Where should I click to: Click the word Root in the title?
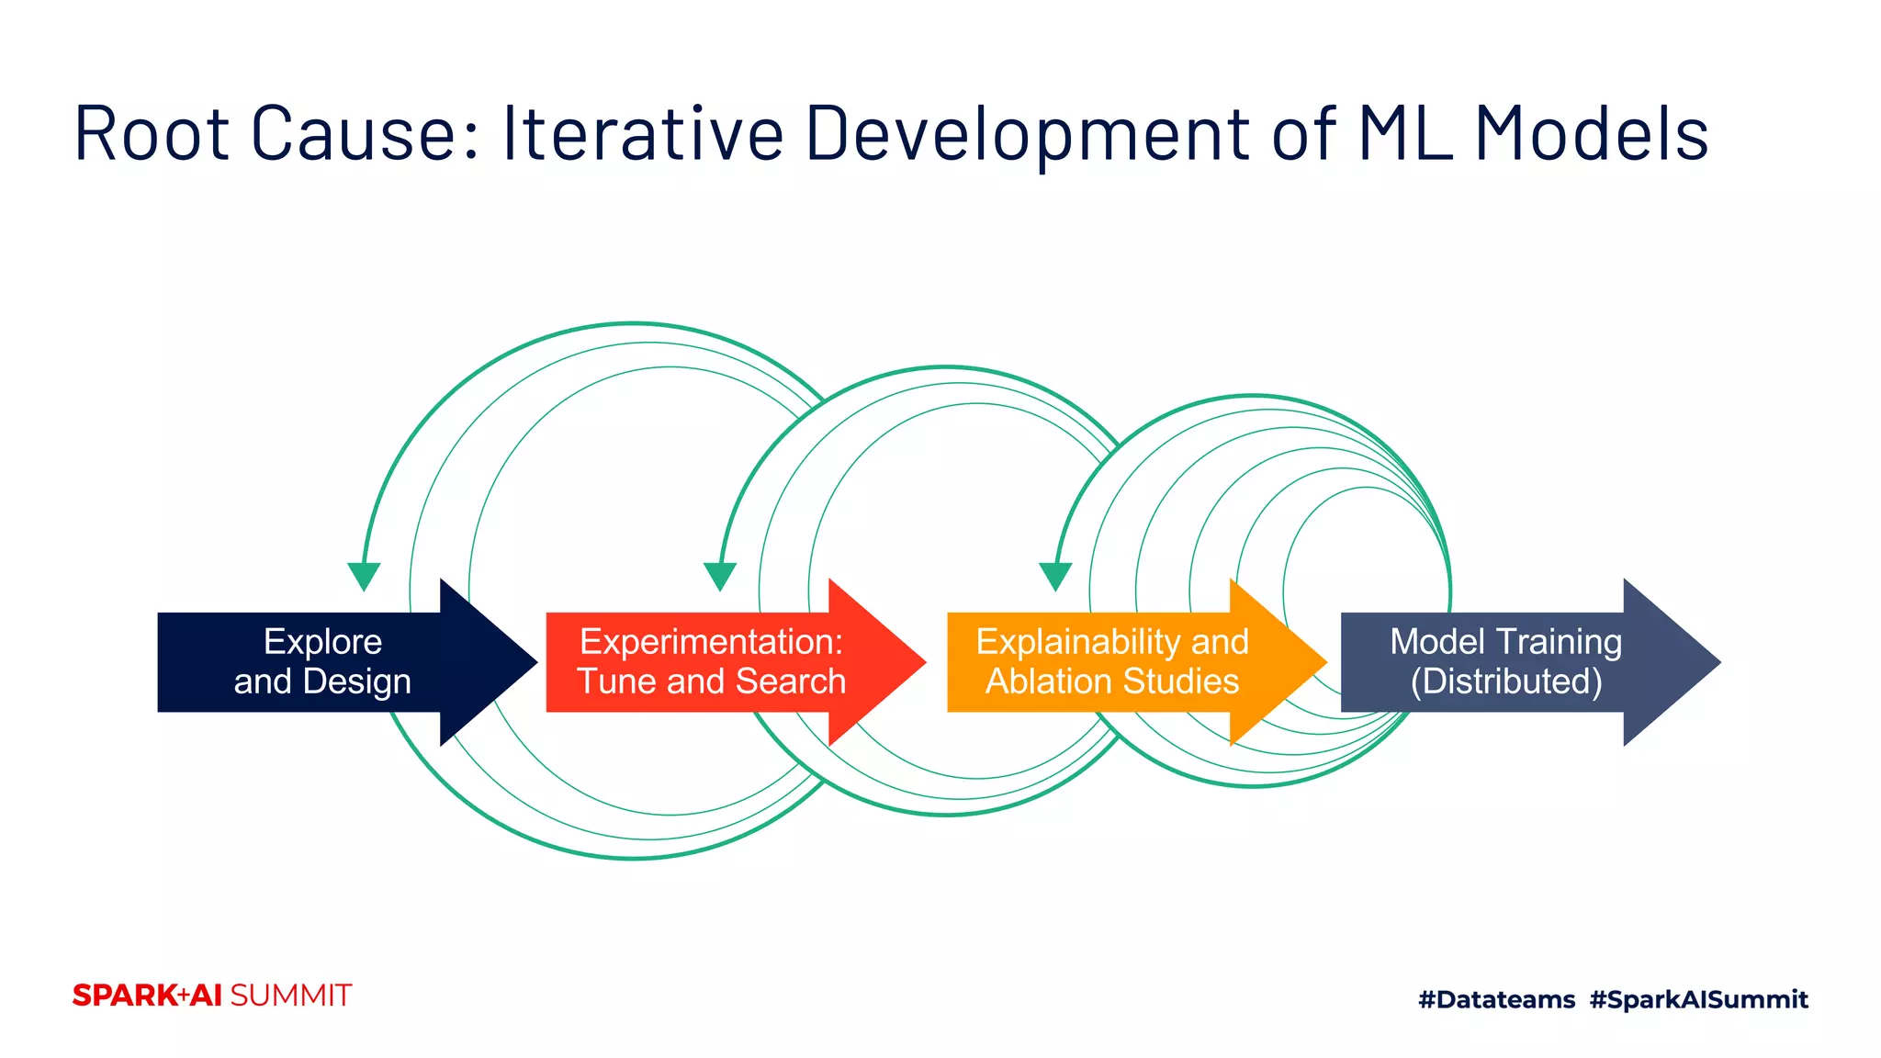152,135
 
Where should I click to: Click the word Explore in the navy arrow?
322,642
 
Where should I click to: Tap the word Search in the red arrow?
791,682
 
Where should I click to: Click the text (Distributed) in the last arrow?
1506,682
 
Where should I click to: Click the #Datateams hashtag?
1496,999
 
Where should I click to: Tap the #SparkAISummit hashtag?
1698,999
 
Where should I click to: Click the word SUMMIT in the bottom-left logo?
290,996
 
